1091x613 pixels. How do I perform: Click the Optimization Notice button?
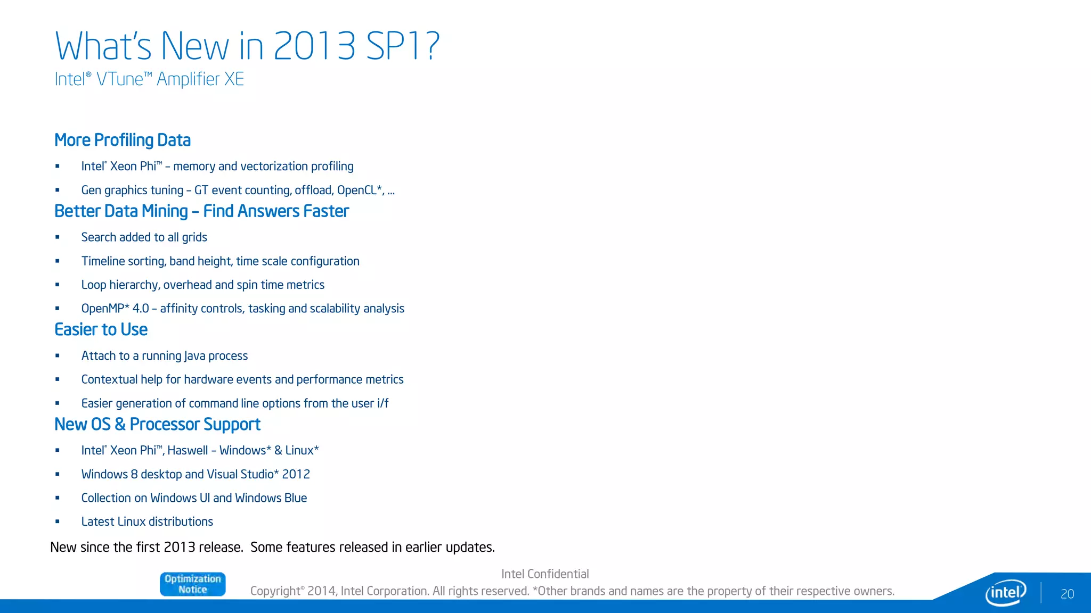(192, 584)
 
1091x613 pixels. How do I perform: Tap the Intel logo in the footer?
(1005, 592)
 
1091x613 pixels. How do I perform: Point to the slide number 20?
(1067, 594)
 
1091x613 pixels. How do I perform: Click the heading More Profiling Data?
(123, 140)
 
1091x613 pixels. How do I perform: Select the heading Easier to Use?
(101, 329)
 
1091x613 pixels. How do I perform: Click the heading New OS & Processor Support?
(157, 424)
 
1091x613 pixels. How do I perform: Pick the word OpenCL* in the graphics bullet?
(360, 190)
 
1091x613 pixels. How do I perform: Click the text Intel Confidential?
(545, 574)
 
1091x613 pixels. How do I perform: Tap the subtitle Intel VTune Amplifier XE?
(149, 79)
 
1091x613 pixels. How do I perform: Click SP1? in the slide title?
(403, 46)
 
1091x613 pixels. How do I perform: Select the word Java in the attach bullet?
(194, 356)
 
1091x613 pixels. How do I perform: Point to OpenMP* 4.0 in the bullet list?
(115, 309)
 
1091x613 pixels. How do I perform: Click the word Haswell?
(188, 451)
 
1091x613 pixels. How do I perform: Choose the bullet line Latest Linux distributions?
(147, 521)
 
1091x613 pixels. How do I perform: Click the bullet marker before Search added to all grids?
(58, 237)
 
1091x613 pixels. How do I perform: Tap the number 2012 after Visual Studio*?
(296, 474)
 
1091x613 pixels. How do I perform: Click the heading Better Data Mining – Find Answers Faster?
(201, 211)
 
